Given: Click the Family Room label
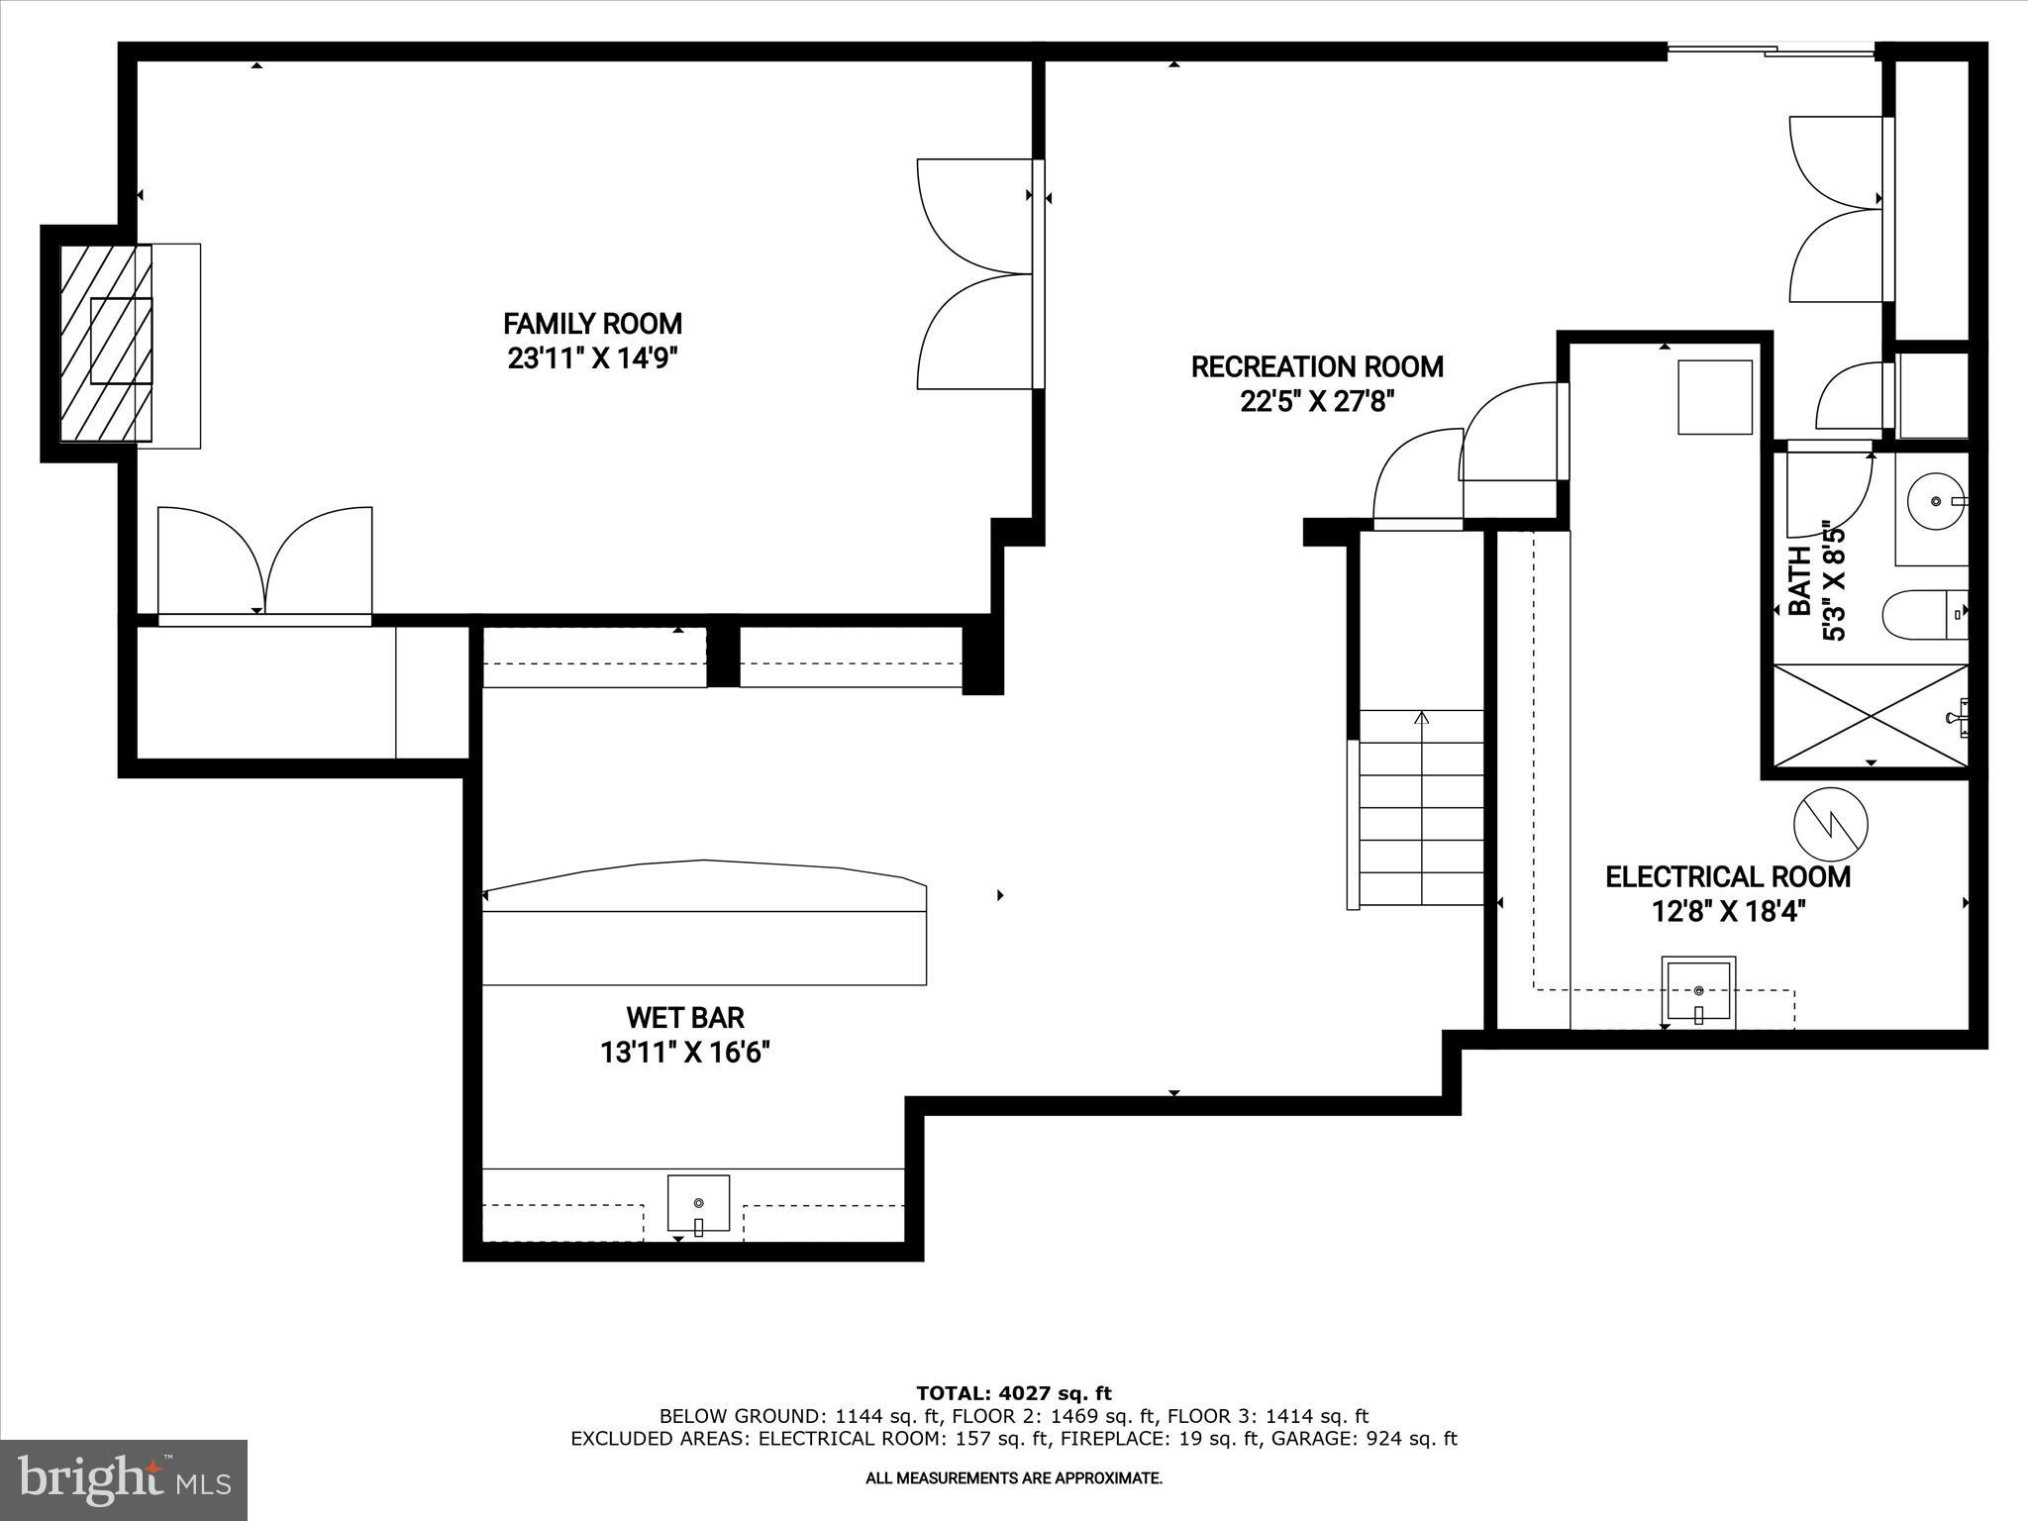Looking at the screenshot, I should click(592, 324).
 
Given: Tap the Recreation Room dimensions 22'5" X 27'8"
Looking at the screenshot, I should click(1316, 402).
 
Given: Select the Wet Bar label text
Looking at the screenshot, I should click(684, 1017).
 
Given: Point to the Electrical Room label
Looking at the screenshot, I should click(1727, 876).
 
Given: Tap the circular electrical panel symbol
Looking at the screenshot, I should click(1831, 824).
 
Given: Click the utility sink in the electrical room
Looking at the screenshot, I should click(1698, 991).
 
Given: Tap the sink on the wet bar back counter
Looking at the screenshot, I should click(698, 1203).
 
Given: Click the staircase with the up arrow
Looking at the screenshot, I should click(1422, 808).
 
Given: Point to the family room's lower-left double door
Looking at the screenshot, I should click(264, 562).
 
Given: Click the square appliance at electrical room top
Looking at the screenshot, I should click(1715, 396).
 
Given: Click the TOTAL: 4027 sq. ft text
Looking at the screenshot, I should click(1014, 1394).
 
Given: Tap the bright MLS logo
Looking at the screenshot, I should click(124, 1480).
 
